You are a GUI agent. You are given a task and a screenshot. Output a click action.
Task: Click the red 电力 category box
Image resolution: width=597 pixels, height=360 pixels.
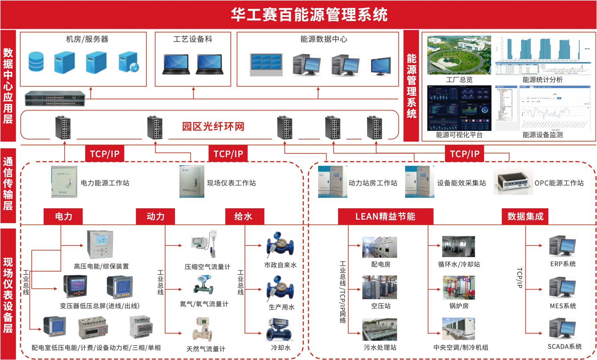63,216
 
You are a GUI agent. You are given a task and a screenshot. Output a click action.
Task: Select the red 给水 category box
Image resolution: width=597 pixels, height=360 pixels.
245,216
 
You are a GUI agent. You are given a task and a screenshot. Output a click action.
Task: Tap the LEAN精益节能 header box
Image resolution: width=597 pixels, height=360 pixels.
385,216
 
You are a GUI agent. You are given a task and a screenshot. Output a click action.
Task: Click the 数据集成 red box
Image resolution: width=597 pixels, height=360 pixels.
525,216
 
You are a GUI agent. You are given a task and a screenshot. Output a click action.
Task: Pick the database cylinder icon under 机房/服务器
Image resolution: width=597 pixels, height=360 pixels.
36,62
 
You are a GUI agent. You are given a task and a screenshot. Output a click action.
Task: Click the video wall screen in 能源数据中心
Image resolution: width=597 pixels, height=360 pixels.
266,64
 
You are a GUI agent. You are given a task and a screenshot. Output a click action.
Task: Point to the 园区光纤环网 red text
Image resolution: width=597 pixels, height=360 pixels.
213,127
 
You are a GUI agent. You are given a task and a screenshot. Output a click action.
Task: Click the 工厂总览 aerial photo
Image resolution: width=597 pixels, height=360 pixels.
459,55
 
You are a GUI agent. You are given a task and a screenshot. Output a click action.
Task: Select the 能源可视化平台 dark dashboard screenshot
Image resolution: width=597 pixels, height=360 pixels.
459,108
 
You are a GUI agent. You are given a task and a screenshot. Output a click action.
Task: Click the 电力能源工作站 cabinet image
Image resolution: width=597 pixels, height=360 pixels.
64,182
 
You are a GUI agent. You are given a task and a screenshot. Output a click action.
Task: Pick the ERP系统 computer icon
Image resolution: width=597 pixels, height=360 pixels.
562,246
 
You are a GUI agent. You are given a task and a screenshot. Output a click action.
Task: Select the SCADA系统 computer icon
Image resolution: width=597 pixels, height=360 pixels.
562,329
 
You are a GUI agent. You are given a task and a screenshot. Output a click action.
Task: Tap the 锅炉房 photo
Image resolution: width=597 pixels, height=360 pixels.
459,288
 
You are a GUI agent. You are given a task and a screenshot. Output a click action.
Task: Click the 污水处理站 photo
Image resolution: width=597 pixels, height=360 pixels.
379,329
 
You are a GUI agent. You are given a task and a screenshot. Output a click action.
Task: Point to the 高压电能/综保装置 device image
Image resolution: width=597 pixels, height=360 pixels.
100,244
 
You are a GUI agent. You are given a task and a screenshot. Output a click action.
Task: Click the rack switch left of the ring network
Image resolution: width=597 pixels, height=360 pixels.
55,99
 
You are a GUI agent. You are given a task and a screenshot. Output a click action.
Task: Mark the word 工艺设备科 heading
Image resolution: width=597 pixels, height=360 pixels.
193,39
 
